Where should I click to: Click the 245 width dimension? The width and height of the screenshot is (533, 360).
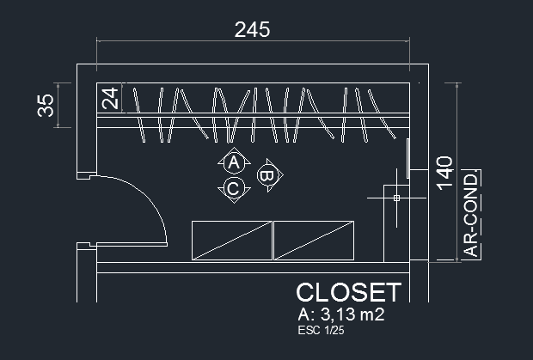(x=252, y=29)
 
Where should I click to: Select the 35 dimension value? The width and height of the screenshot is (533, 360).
(x=46, y=105)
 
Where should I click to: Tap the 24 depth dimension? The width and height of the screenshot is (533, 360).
(x=110, y=98)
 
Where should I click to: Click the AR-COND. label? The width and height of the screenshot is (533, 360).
(x=472, y=214)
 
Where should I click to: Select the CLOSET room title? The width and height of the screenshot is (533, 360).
(x=348, y=292)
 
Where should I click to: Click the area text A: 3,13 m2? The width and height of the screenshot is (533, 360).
(x=340, y=315)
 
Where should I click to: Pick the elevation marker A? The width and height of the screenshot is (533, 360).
(x=232, y=162)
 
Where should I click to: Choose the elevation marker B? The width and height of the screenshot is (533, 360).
(x=267, y=175)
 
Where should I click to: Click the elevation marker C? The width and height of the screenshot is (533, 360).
(x=232, y=188)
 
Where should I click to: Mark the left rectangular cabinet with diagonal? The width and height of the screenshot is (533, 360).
(x=230, y=240)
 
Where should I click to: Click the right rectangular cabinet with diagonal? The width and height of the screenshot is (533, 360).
(x=314, y=240)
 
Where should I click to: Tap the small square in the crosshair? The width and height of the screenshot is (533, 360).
(x=396, y=198)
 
